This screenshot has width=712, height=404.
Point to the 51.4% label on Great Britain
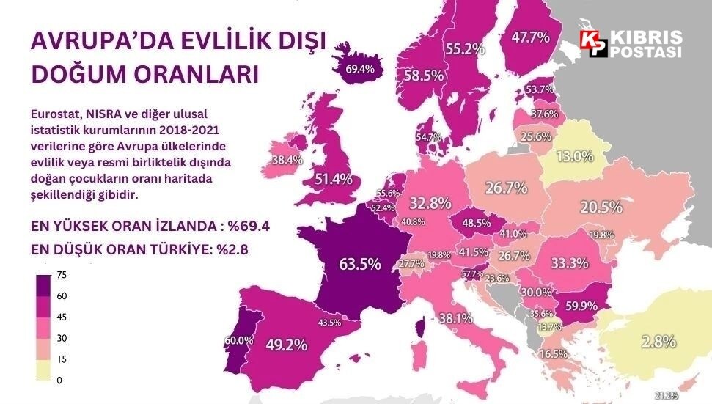tap(334, 178)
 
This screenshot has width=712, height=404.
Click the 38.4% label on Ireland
tap(287, 160)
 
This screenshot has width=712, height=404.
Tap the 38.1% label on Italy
tap(455, 318)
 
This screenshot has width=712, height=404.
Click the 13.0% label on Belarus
tap(574, 155)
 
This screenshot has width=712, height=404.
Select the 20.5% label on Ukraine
tap(601, 207)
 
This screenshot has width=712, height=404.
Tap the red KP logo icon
tap(592, 43)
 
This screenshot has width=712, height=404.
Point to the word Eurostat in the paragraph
tap(56, 114)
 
